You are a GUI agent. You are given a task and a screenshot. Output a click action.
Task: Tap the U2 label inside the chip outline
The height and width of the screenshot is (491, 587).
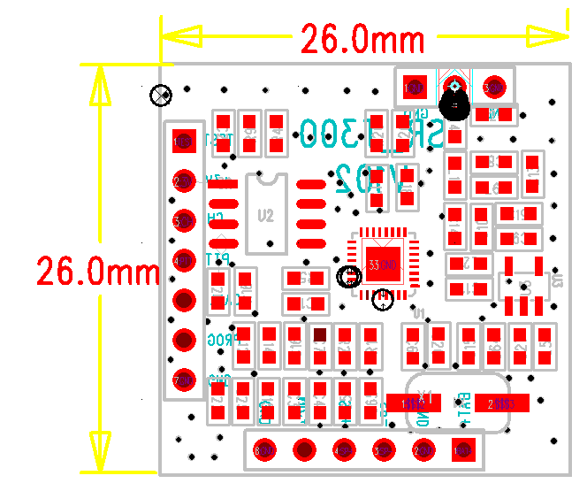[x=265, y=215]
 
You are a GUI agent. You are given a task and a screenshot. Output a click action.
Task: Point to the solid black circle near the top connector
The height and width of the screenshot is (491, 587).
[x=454, y=106]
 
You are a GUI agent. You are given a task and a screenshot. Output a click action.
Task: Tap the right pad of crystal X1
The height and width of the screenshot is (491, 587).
[x=501, y=403]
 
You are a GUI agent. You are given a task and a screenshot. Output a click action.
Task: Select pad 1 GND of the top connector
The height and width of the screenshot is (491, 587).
[x=413, y=87]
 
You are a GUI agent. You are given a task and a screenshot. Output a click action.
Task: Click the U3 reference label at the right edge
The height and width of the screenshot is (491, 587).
[x=556, y=281]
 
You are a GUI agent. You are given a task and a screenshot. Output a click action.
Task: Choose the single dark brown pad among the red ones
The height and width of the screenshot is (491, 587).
[x=320, y=335]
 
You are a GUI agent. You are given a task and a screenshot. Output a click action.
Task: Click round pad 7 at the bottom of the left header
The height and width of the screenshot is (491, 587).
[x=184, y=380]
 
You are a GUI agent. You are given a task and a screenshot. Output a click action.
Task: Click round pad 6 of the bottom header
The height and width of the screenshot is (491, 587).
[x=263, y=449]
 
